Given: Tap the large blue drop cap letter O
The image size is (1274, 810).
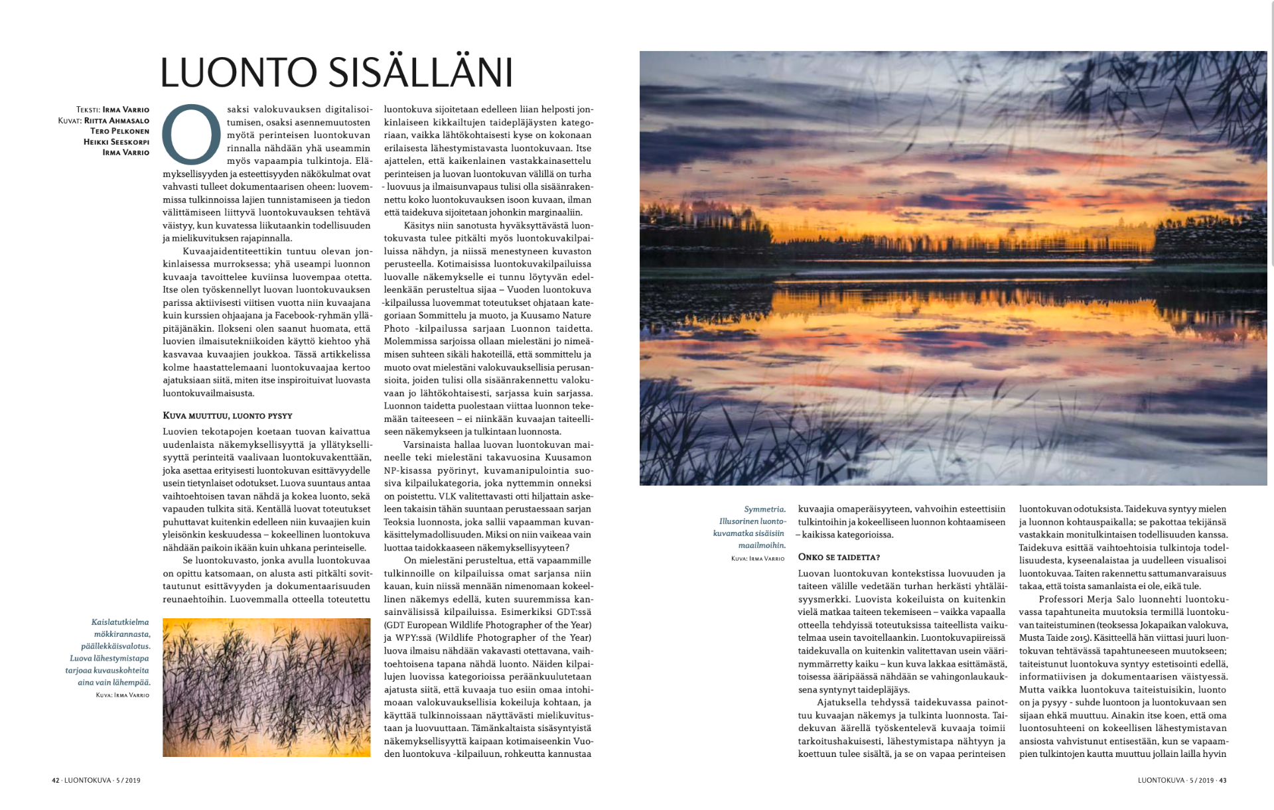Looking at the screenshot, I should [x=192, y=134].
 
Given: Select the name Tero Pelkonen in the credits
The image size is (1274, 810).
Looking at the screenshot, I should [x=119, y=131].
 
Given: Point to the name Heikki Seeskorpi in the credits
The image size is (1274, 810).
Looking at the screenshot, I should [x=116, y=142].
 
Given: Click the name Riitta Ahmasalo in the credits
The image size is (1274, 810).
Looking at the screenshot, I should [x=117, y=121].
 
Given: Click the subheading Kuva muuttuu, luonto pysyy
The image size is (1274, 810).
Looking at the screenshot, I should [x=228, y=416].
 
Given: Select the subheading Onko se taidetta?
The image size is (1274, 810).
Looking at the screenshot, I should [x=839, y=557].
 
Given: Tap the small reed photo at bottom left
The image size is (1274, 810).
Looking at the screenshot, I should [x=266, y=687].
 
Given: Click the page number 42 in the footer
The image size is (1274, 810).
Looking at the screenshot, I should [x=56, y=781].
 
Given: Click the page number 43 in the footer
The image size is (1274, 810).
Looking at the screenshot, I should [x=1222, y=781].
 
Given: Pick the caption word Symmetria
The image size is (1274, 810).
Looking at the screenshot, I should [x=764, y=509].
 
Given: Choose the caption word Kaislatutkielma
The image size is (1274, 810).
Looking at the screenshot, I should [x=120, y=622].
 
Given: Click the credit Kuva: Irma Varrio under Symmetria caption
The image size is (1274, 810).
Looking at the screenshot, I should [x=758, y=559].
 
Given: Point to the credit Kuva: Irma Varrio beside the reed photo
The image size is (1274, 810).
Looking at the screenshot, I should [x=123, y=695].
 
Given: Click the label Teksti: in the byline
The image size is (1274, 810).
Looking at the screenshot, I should [x=88, y=110].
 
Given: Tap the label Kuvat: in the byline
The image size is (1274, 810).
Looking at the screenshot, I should [x=70, y=121].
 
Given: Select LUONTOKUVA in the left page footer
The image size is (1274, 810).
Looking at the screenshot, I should [x=88, y=781].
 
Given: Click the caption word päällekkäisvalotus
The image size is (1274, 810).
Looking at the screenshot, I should [x=115, y=646].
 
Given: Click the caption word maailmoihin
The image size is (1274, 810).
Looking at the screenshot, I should [x=762, y=545].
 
